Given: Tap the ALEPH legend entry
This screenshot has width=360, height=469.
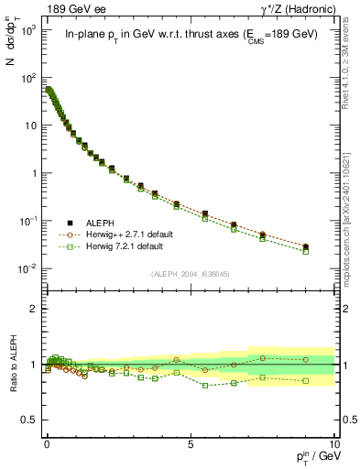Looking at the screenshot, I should coord(102,222).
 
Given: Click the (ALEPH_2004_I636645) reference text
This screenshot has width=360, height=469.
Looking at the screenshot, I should coord(191,274).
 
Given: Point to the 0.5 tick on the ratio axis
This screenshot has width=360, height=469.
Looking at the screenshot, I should coord(30,420).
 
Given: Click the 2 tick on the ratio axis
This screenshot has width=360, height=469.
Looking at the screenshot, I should coord(34,309).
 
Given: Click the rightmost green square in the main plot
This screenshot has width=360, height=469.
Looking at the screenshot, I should coord(305,250).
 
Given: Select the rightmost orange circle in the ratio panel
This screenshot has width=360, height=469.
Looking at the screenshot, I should coord(305,359).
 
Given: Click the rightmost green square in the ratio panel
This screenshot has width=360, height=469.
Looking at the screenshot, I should coord(305,381).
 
